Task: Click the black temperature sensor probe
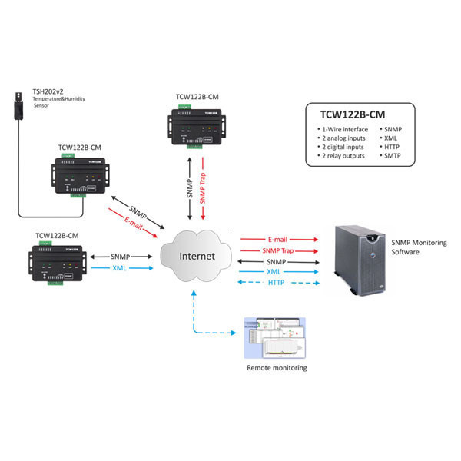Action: point(19,108)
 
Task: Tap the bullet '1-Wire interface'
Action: point(345,129)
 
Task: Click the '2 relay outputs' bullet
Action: point(343,156)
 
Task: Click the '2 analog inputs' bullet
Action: point(344,138)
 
